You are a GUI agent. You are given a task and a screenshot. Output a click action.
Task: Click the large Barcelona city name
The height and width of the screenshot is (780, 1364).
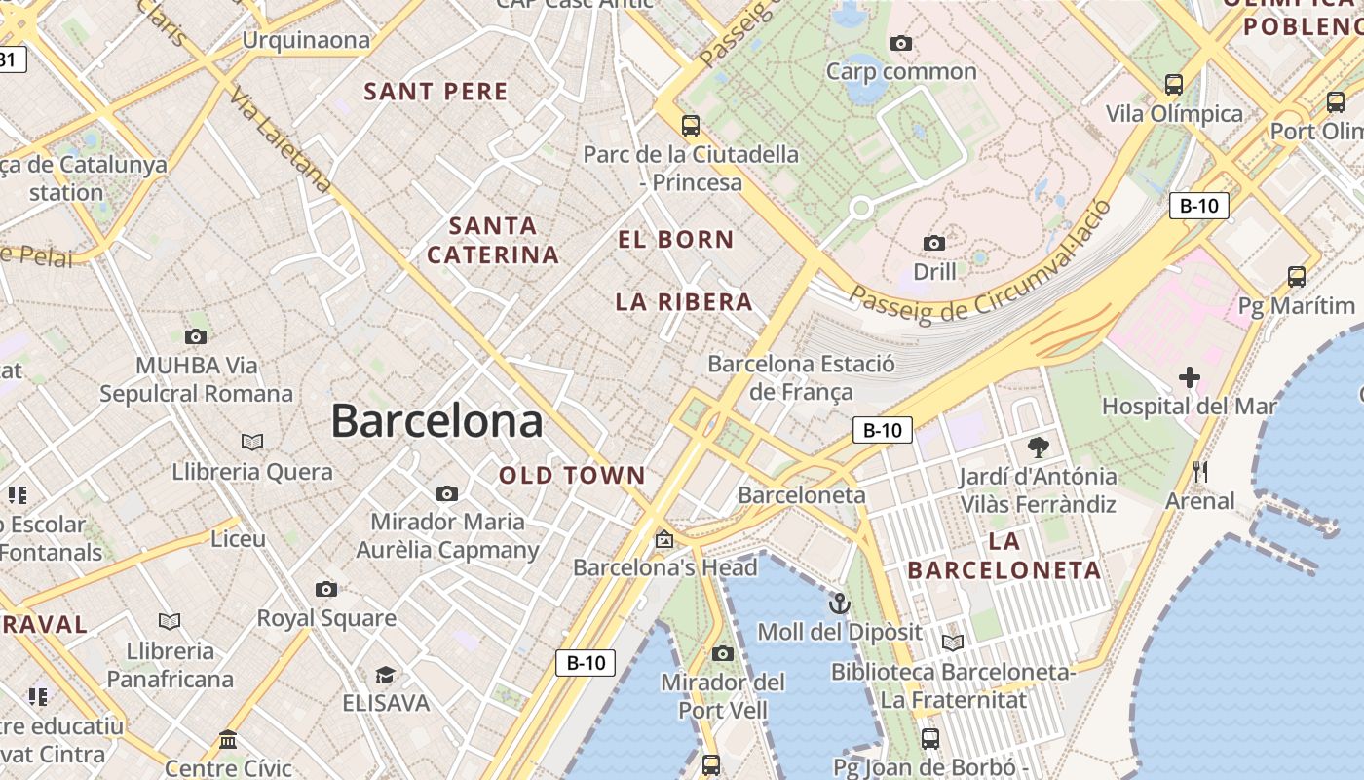pyautogui.click(x=436, y=421)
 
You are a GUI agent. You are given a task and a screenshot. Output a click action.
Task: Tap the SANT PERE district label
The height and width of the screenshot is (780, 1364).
pyautogui.click(x=436, y=92)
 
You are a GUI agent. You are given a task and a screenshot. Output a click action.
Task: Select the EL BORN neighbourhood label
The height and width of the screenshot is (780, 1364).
pyautogui.click(x=676, y=239)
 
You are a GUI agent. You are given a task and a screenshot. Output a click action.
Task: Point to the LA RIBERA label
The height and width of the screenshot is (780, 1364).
pyautogui.click(x=684, y=302)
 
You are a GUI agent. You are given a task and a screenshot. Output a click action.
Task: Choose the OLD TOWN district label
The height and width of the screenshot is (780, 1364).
pyautogui.click(x=572, y=476)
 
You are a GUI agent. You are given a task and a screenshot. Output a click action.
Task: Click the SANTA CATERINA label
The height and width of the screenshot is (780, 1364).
pyautogui.click(x=493, y=241)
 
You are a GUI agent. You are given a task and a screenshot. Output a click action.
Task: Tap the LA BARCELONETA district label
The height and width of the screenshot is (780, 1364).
pyautogui.click(x=1004, y=556)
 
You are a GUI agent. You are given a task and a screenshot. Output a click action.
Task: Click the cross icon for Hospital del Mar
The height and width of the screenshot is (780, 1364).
pyautogui.click(x=1189, y=376)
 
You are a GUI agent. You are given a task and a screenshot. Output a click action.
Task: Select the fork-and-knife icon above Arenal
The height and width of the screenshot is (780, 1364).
pyautogui.click(x=1200, y=472)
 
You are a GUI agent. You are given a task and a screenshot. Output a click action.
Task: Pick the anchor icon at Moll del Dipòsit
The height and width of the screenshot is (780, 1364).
pyautogui.click(x=839, y=604)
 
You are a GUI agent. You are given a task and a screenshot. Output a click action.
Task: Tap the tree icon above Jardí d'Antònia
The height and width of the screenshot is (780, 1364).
pyautogui.click(x=1038, y=448)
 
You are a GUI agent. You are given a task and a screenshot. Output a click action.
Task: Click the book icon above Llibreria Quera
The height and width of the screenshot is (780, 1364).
pyautogui.click(x=252, y=443)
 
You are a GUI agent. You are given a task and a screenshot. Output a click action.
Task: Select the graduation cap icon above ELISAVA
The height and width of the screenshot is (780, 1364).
pyautogui.click(x=386, y=675)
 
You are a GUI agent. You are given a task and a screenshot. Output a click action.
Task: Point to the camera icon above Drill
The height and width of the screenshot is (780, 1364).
pyautogui.click(x=934, y=243)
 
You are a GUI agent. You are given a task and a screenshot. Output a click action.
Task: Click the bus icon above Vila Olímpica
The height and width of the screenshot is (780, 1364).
pyautogui.click(x=1174, y=85)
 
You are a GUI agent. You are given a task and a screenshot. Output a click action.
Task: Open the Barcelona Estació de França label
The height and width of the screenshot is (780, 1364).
pyautogui.click(x=801, y=377)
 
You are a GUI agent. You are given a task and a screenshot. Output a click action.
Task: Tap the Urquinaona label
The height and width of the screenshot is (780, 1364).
pyautogui.click(x=306, y=40)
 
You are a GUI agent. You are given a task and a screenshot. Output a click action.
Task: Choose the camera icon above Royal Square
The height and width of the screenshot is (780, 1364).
pyautogui.click(x=326, y=589)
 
